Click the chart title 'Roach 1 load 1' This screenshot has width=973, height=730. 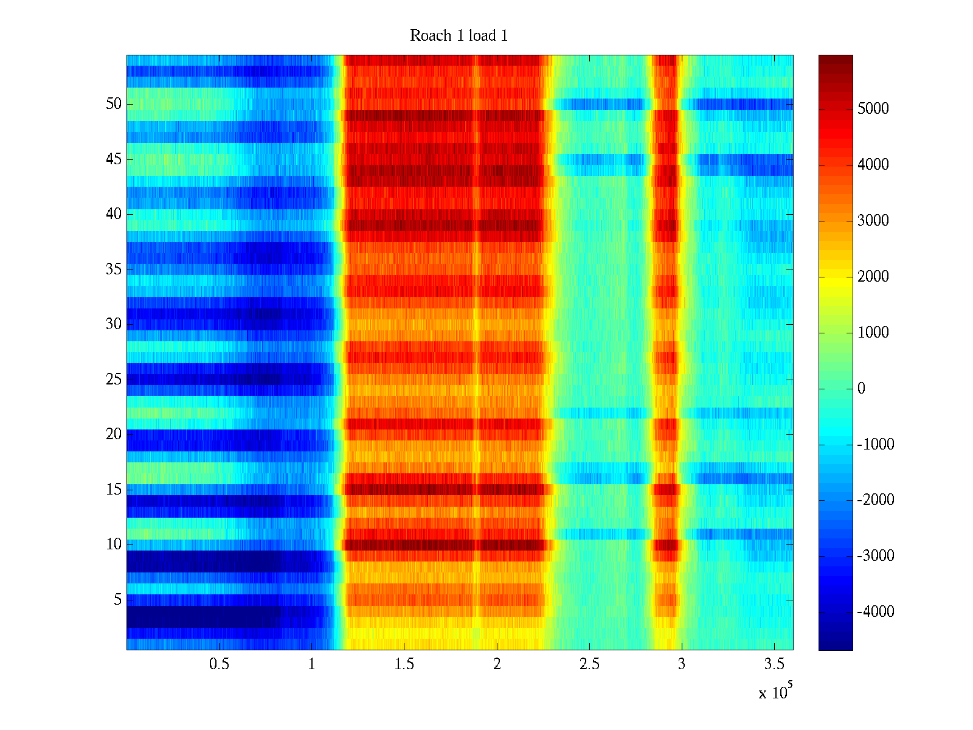[x=459, y=36]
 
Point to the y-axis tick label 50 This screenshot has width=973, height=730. [x=114, y=104]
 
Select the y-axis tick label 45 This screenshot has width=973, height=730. [x=114, y=159]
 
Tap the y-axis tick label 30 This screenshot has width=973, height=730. [x=114, y=324]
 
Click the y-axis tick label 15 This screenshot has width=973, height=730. [x=114, y=490]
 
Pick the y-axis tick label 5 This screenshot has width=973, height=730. [x=117, y=600]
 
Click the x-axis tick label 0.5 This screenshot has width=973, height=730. [x=219, y=664]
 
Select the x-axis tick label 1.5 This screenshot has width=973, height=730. [x=404, y=664]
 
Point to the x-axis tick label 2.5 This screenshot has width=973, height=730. [x=589, y=664]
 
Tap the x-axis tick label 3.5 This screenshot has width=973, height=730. [x=774, y=664]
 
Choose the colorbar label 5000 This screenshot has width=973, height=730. [x=873, y=109]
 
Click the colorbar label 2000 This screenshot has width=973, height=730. [x=873, y=277]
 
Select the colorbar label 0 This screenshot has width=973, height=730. [x=861, y=389]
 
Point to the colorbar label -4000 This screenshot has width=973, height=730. [x=875, y=612]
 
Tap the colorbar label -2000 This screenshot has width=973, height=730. [x=875, y=500]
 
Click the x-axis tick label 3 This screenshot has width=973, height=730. [x=681, y=664]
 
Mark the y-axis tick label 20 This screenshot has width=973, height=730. [x=114, y=434]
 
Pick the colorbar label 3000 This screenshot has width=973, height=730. [x=873, y=221]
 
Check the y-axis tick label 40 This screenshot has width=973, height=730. [x=114, y=214]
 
